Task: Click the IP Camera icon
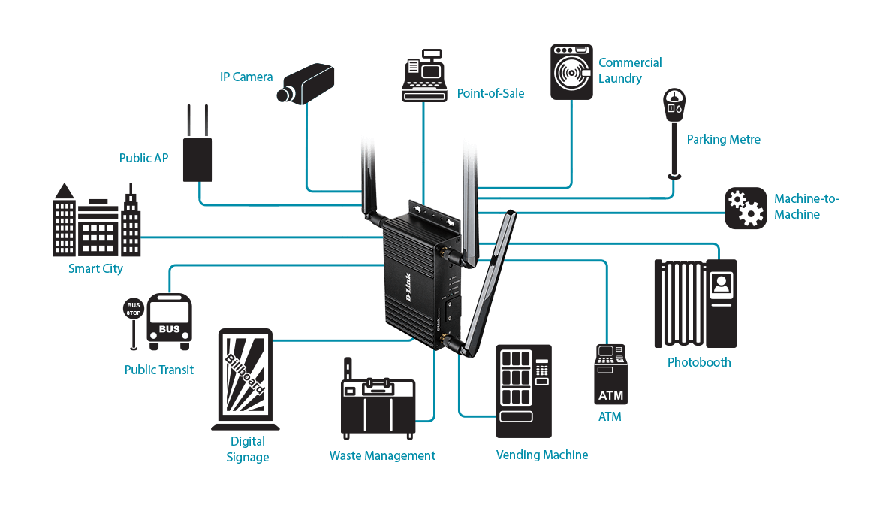306,83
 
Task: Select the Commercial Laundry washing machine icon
571,71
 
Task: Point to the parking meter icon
674,120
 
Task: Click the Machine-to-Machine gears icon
745,208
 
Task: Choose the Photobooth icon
695,304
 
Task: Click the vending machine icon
523,391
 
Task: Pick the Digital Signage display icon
245,379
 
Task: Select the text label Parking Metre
723,140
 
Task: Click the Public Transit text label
159,370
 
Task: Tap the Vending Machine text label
542,455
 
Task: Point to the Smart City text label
95,269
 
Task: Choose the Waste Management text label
382,456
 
